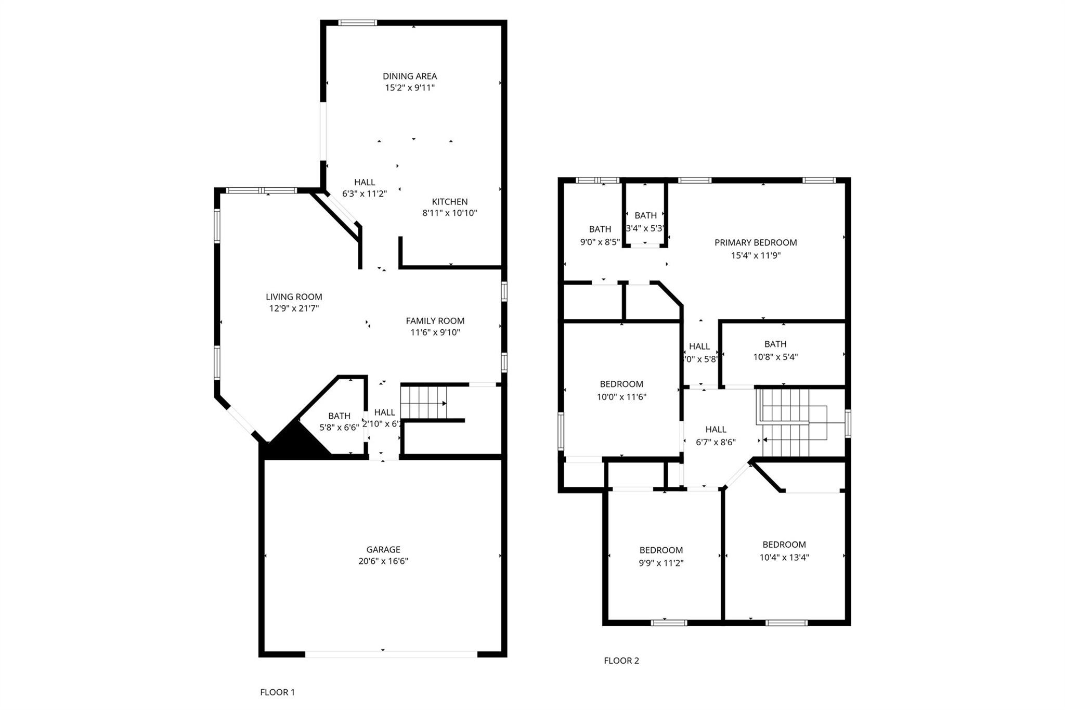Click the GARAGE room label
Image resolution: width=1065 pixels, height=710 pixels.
click(x=383, y=549)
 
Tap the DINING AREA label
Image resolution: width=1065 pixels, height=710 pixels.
click(x=410, y=76)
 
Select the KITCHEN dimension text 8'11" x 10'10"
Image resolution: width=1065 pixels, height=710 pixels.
click(x=449, y=213)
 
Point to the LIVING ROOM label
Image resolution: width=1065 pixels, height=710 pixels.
click(x=294, y=296)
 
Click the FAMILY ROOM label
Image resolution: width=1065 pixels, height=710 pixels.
click(x=435, y=321)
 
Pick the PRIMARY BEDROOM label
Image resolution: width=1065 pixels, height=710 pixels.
click(x=755, y=242)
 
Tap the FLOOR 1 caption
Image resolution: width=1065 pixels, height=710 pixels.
click(x=277, y=692)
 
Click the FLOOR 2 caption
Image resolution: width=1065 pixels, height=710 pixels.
click(x=621, y=661)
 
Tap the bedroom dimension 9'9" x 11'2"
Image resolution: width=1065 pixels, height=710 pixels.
click(x=661, y=563)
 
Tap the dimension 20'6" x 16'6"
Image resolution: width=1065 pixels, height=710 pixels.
click(x=383, y=561)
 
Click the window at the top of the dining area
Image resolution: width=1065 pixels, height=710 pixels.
click(x=357, y=22)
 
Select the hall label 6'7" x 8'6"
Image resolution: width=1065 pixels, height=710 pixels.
click(x=716, y=442)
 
